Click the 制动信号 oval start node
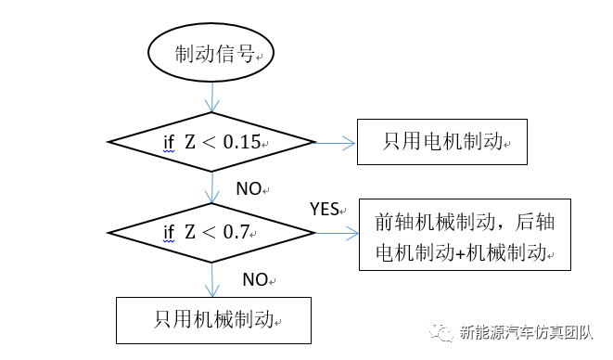(211, 55)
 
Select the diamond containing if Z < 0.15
(212, 142)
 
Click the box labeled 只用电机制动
(442, 142)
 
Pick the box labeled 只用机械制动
(212, 320)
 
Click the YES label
(325, 209)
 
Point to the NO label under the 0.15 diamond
(249, 188)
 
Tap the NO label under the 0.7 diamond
(255, 278)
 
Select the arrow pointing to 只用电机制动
(337, 142)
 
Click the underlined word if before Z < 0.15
(170, 143)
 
